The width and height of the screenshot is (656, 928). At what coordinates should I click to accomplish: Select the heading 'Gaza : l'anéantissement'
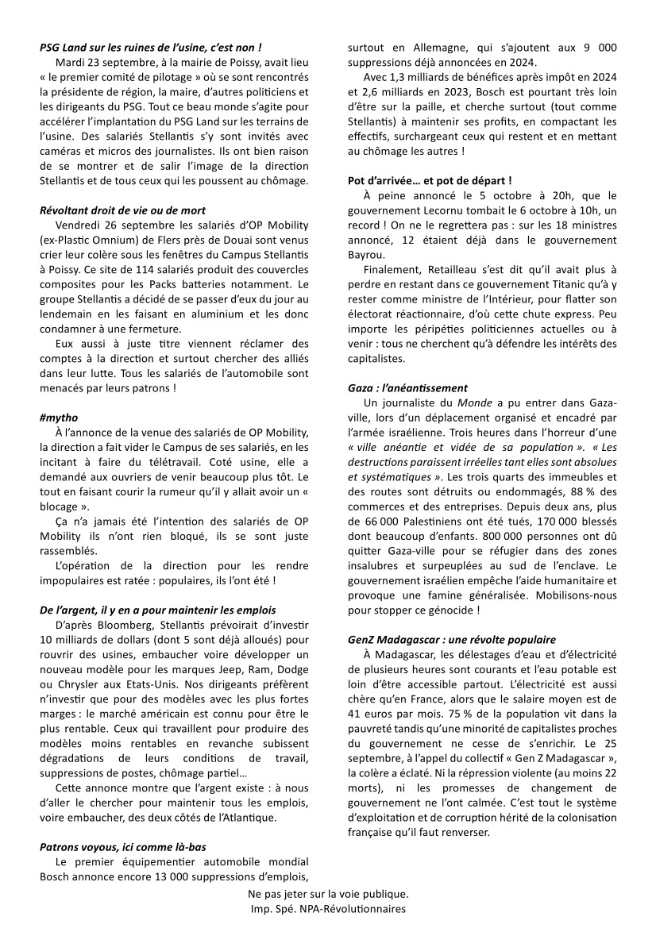coord(407,388)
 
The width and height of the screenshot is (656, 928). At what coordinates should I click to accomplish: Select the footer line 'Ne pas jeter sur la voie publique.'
coord(327,893)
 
